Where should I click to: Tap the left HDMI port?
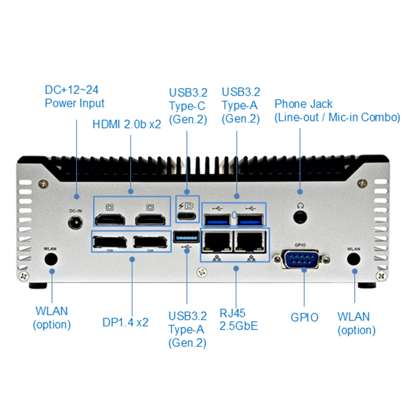click(x=111, y=221)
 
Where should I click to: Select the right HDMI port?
click(x=150, y=221)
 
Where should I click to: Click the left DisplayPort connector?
click(x=110, y=243)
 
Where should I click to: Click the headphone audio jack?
click(x=299, y=216)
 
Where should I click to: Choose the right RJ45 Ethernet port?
click(x=250, y=241)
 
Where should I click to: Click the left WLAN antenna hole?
click(x=50, y=259)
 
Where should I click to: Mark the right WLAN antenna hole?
click(x=353, y=259)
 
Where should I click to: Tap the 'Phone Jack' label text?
click(x=303, y=104)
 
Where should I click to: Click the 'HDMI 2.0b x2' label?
click(x=127, y=124)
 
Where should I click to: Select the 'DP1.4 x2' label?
click(x=125, y=322)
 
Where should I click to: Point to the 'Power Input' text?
click(x=74, y=103)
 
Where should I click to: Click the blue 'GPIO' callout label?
click(x=304, y=317)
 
